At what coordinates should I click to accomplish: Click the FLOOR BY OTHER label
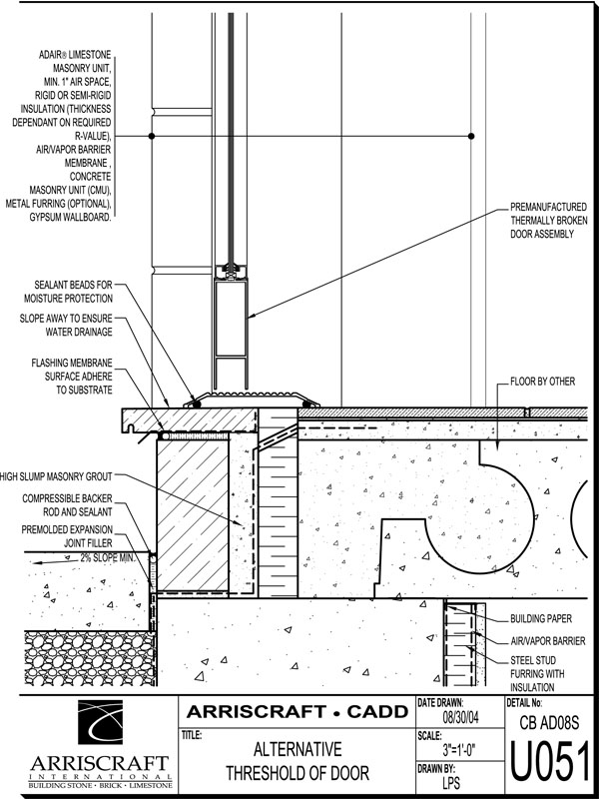[542, 383]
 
